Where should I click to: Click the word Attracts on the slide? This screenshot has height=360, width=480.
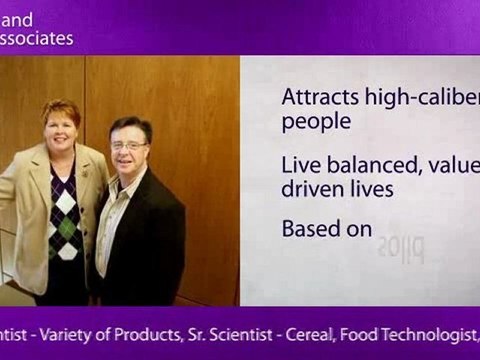pos(314,98)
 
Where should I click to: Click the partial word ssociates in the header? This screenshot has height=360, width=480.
pos(37,39)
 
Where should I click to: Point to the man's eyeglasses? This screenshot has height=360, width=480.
pos(128,145)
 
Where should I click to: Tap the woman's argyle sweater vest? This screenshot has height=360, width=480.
pos(65,215)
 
